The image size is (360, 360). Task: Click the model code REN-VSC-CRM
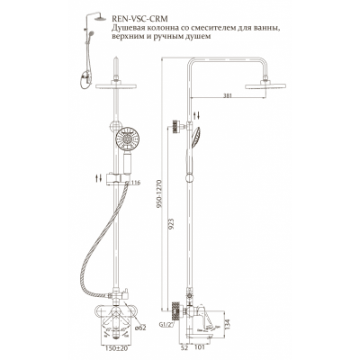(139, 19)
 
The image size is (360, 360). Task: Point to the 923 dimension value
(171, 224)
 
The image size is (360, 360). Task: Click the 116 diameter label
(135, 183)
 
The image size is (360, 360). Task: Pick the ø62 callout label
(140, 328)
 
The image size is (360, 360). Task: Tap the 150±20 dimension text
(114, 348)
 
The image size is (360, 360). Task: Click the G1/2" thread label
(166, 324)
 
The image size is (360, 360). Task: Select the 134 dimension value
(228, 323)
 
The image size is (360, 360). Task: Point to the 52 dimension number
(184, 347)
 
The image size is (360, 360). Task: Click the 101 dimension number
(200, 347)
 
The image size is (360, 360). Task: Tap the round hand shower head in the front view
(128, 139)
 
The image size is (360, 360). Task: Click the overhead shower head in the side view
(265, 86)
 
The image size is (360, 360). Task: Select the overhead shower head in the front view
(116, 86)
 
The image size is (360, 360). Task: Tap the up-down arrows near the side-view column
(196, 115)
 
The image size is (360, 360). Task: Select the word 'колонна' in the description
(165, 29)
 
